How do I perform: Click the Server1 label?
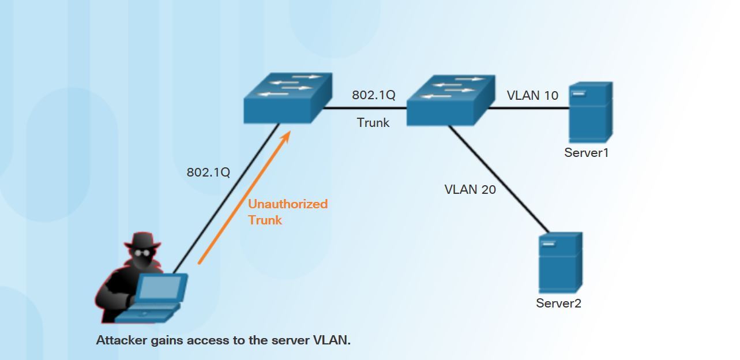tap(586, 153)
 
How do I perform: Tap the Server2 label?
tap(558, 303)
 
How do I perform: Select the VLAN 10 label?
tap(532, 96)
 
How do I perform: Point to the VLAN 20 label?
tap(470, 189)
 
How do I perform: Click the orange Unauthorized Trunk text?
tap(287, 212)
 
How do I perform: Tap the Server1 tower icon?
tap(589, 112)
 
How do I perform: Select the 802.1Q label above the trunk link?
tap(374, 95)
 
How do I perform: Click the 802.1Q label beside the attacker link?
tap(208, 172)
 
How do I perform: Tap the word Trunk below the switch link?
tap(373, 122)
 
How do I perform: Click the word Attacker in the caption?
tap(121, 340)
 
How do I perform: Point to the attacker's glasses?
tap(142, 252)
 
